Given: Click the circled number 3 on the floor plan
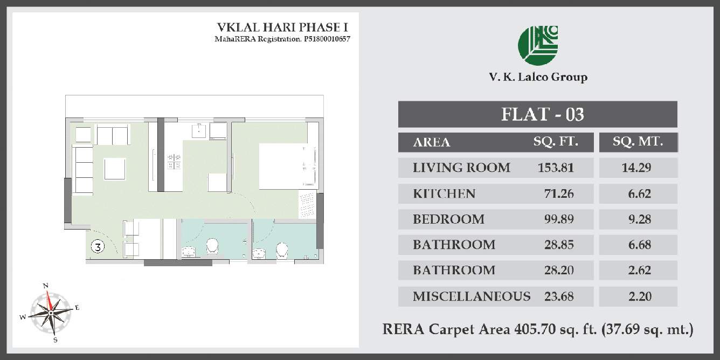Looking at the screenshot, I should pyautogui.click(x=98, y=247).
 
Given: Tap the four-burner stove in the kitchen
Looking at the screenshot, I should pyautogui.click(x=174, y=161).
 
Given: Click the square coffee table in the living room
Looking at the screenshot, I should pyautogui.click(x=115, y=168).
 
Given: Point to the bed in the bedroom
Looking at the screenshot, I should pyautogui.click(x=286, y=166).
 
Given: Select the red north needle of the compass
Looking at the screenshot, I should pyautogui.click(x=49, y=299).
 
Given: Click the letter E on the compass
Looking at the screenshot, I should pyautogui.click(x=77, y=308).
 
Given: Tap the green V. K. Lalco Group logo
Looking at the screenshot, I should pyautogui.click(x=537, y=44).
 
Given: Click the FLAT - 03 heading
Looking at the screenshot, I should pyautogui.click(x=542, y=114).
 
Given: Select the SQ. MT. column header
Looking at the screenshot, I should pyautogui.click(x=638, y=142).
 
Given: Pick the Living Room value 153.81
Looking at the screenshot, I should pyautogui.click(x=556, y=168).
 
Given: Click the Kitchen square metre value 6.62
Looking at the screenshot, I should pyautogui.click(x=639, y=193).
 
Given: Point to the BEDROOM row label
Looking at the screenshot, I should pyautogui.click(x=448, y=219).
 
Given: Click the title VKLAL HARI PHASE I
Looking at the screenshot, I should pyautogui.click(x=278, y=27).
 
